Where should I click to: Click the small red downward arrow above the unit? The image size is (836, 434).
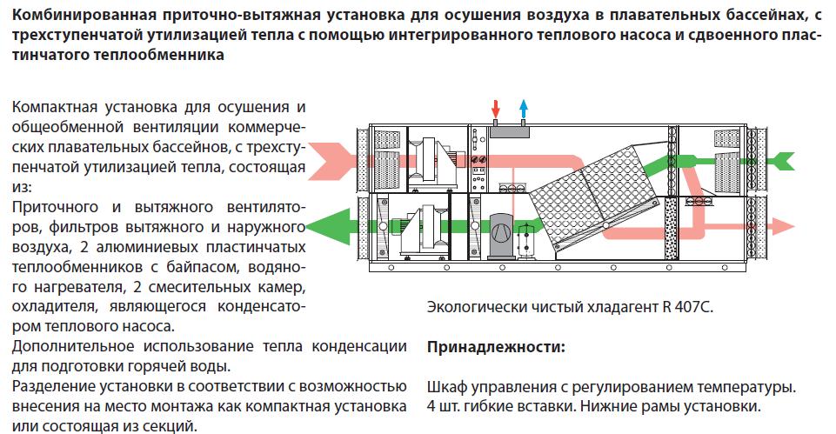(x=496, y=109)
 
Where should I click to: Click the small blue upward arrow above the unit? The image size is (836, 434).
(x=524, y=109)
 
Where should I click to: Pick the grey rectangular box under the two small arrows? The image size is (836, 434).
(x=509, y=131)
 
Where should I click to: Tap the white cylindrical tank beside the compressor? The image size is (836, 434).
(x=526, y=241)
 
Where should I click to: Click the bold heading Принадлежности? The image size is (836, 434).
(x=496, y=347)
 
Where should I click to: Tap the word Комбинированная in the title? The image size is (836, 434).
(x=84, y=15)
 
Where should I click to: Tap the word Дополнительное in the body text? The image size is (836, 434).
(x=73, y=346)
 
